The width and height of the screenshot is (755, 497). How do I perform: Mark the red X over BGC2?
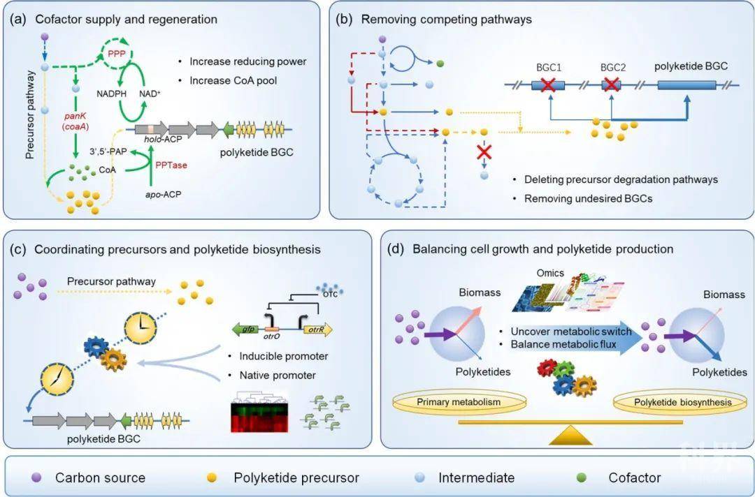[x=612, y=87]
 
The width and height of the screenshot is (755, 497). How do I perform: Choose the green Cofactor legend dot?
[x=580, y=477]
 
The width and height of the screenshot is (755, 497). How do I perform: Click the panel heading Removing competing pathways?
[x=446, y=20]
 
